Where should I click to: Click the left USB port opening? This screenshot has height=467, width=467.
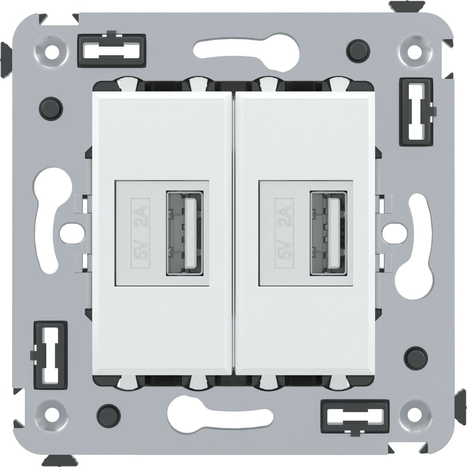(185, 233)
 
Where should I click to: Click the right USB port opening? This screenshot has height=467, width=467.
(328, 233)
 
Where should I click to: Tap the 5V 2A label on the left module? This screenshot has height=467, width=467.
(140, 233)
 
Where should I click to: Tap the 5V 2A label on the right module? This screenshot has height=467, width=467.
(284, 233)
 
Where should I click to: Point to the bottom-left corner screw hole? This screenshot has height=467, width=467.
(52, 414)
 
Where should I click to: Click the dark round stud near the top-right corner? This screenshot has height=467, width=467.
(358, 50)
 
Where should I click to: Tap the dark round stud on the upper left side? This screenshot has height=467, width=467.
(51, 108)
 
